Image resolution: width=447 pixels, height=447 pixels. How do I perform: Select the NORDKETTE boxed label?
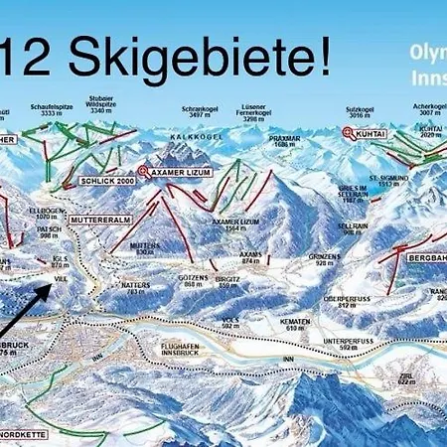click(x=24, y=432)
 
